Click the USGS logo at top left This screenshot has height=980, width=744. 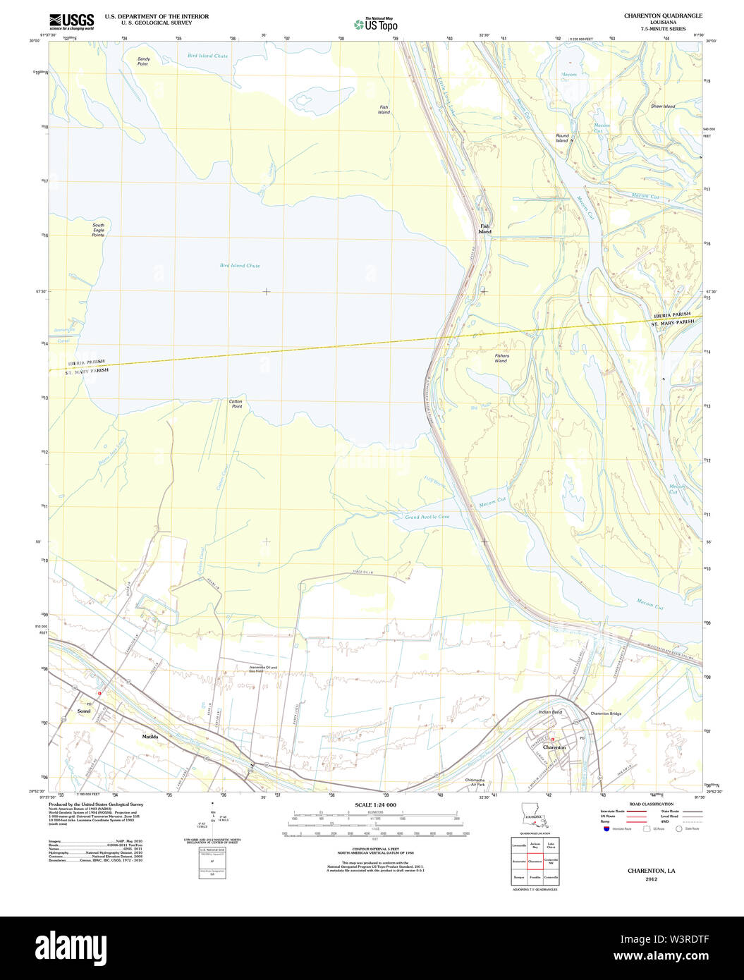pyautogui.click(x=71, y=21)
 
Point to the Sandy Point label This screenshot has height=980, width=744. pyautogui.click(x=143, y=61)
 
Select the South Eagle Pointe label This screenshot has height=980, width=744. pyautogui.click(x=98, y=230)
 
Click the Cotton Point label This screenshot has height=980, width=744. pyautogui.click(x=236, y=404)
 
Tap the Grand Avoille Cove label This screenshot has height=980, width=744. pyautogui.click(x=427, y=517)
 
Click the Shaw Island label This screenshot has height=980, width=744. pyautogui.click(x=662, y=106)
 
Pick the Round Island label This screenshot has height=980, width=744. pyautogui.click(x=561, y=138)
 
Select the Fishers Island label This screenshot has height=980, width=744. pyautogui.click(x=501, y=358)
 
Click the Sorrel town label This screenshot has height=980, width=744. pyautogui.click(x=84, y=711)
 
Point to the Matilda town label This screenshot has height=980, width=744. pyautogui.click(x=150, y=737)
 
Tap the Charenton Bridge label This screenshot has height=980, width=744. pyautogui.click(x=606, y=714)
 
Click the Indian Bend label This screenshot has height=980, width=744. pyautogui.click(x=550, y=712)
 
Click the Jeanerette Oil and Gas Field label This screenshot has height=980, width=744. pyautogui.click(x=263, y=669)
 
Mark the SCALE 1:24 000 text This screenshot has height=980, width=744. pyautogui.click(x=375, y=805)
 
